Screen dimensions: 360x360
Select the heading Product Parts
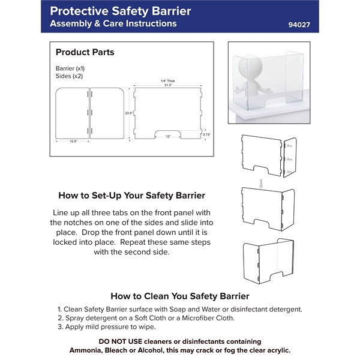pyautogui.click(x=85, y=52)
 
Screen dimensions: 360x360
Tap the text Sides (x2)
pyautogui.click(x=69, y=77)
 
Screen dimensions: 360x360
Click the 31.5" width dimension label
pyautogui.click(x=167, y=85)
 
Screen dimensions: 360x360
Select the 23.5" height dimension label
pyautogui.click(x=128, y=113)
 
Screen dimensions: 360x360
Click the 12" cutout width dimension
pyautogui.click(x=168, y=137)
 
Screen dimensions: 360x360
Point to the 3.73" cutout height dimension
pyautogui.click(x=207, y=134)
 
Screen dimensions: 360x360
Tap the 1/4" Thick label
pyautogui.click(x=167, y=80)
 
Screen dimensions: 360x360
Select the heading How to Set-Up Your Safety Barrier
pyautogui.click(x=131, y=196)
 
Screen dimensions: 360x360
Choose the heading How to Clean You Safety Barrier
pyautogui.click(x=180, y=296)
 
